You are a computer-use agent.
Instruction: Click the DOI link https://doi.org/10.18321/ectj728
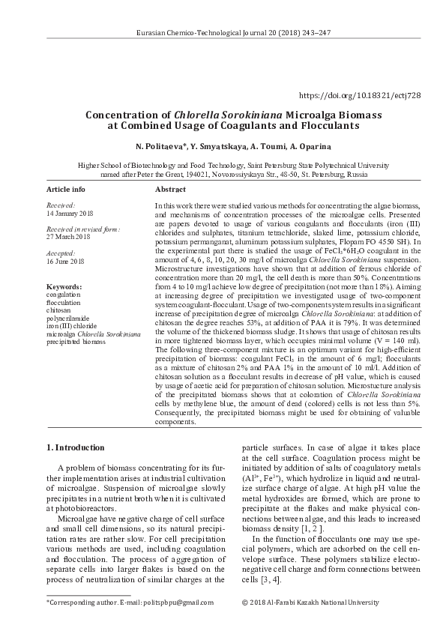click(360, 96)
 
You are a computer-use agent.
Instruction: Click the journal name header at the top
click(223, 34)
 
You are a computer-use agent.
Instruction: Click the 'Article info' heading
click(66, 190)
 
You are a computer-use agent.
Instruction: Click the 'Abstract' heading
click(170, 190)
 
